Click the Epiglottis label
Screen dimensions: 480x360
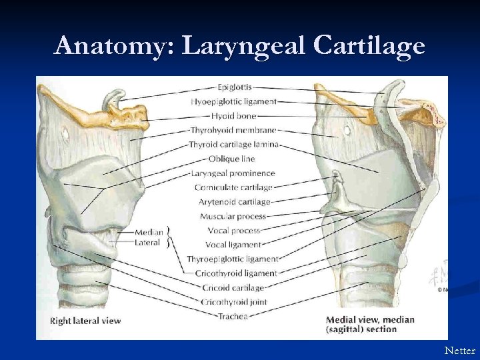[234, 87]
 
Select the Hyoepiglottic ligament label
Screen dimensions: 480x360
[233, 101]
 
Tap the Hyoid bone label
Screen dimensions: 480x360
[233, 116]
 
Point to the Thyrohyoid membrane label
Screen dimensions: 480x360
[233, 130]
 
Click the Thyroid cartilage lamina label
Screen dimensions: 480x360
[233, 144]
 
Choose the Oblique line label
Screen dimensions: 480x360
[231, 159]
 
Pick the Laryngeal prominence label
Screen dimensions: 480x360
[233, 173]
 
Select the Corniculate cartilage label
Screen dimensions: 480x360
[233, 187]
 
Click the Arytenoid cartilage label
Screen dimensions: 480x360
[234, 201]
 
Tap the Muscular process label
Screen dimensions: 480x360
[233, 216]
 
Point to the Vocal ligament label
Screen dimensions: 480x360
[234, 245]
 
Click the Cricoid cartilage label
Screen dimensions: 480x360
[233, 287]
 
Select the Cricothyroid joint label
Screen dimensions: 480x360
[233, 302]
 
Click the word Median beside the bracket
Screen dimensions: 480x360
[149, 232]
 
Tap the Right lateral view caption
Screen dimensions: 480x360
[85, 321]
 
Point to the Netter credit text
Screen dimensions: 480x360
[460, 350]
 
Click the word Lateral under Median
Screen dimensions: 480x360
[147, 242]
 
